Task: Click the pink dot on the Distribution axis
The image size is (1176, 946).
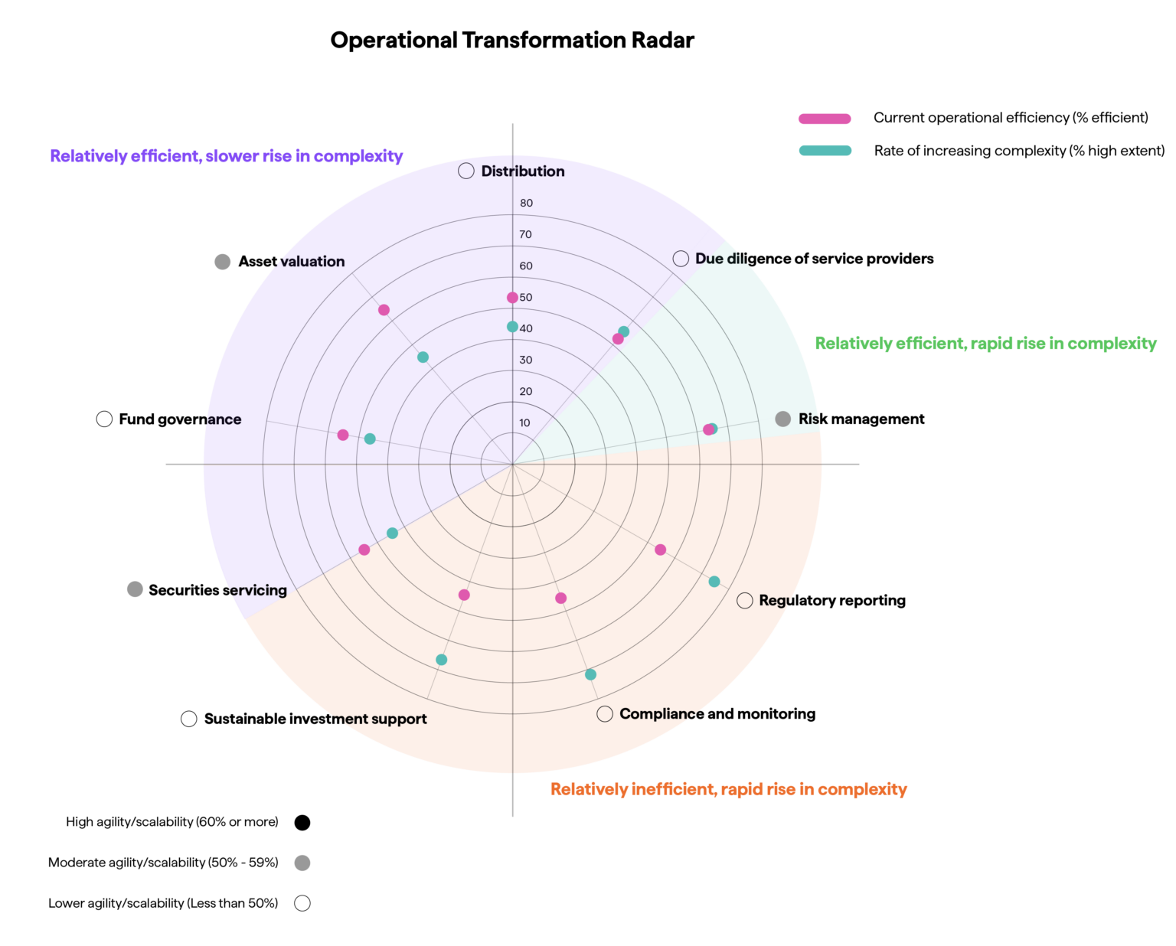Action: point(512,298)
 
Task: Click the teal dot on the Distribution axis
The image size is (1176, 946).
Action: point(512,327)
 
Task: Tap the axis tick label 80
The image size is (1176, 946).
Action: point(526,203)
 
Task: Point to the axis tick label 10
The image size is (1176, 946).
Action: point(524,423)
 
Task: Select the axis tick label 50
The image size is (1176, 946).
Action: point(526,298)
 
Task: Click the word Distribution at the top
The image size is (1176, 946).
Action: point(522,171)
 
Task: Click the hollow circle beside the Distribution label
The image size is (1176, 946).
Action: point(466,171)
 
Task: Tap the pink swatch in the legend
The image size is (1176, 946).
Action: point(825,119)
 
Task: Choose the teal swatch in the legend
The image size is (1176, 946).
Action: point(825,150)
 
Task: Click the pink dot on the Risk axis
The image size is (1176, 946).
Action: point(708,430)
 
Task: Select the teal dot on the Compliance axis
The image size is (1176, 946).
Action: point(590,675)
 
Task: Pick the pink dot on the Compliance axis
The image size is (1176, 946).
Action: point(561,599)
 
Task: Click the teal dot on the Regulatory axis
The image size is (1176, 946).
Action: point(714,582)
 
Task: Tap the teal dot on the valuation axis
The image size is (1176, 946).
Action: point(423,357)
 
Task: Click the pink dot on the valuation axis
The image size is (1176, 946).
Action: point(384,310)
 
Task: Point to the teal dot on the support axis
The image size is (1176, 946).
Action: point(441,660)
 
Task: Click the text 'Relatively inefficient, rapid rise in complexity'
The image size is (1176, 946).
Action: point(728,789)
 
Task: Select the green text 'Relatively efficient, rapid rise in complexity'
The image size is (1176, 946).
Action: point(985,344)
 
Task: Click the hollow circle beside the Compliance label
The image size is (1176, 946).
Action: point(605,714)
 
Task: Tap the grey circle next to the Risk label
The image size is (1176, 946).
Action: point(782,419)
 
